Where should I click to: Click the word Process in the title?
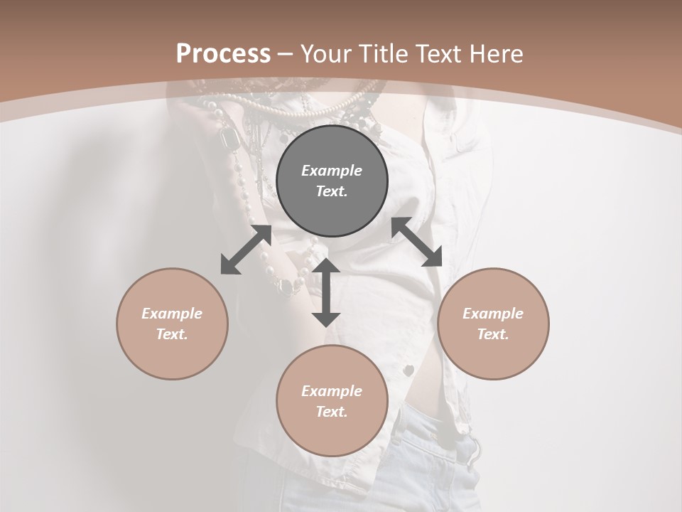223,54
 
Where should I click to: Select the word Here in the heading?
495,54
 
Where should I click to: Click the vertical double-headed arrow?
326,292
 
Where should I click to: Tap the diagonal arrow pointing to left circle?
246,250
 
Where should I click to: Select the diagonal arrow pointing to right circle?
417,242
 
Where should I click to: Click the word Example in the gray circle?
332,171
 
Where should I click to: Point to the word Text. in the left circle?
172,334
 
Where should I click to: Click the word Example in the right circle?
493,314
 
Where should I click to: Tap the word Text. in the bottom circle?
332,412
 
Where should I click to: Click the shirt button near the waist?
408,370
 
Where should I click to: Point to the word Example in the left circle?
172,314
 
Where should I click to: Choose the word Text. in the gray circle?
332,191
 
